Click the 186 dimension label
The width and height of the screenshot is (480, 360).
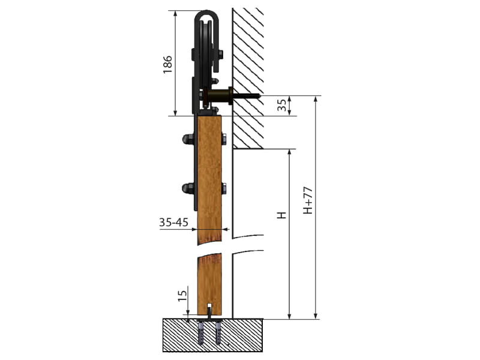click(167, 65)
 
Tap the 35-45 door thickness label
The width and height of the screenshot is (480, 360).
click(173, 222)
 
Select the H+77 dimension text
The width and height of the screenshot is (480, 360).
click(308, 200)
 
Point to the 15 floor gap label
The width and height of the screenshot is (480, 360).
click(182, 295)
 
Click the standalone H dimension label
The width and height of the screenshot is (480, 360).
click(281, 215)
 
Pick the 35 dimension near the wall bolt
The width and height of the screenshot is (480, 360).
click(283, 104)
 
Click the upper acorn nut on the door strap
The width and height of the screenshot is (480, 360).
click(188, 139)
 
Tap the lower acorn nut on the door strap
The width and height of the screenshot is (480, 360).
click(188, 188)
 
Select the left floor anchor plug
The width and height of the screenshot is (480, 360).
click(200, 332)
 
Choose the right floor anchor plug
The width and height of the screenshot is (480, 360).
click(218, 332)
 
